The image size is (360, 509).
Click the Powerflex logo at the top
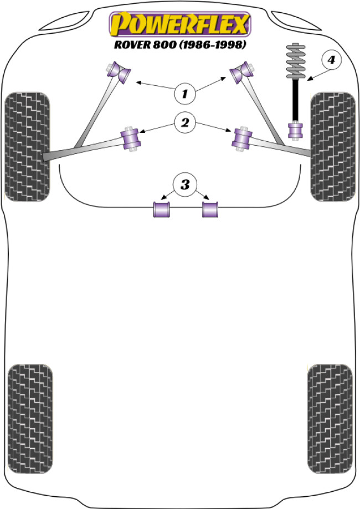[x=180, y=23]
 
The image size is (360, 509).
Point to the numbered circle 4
[x=331, y=60]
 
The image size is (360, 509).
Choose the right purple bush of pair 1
[x=241, y=73]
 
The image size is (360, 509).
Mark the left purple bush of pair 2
[x=132, y=140]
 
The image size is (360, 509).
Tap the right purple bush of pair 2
[x=241, y=140]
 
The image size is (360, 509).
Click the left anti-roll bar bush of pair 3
[x=162, y=210]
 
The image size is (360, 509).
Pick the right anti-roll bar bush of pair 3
[x=210, y=210]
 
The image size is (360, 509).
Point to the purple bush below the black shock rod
[x=296, y=131]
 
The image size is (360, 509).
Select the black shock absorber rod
[x=296, y=100]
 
